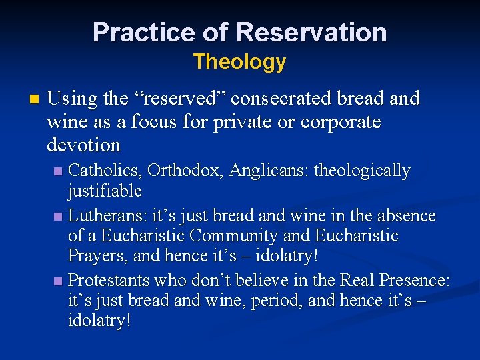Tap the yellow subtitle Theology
pyautogui.click(x=239, y=62)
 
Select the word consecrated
pyautogui.click(x=286, y=99)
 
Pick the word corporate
pyautogui.click(x=341, y=122)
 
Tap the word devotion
pyautogui.click(x=83, y=145)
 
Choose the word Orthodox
pyautogui.click(x=185, y=171)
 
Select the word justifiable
pyautogui.click(x=105, y=191)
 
